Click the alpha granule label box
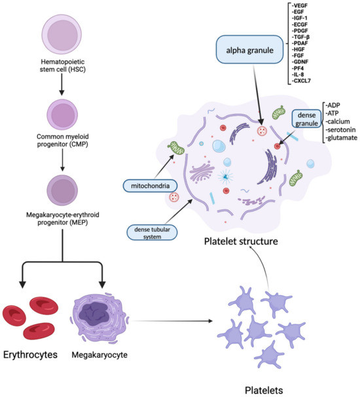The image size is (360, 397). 249,50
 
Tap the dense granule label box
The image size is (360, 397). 306,119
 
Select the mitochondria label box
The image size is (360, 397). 150,186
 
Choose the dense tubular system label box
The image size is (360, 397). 152,232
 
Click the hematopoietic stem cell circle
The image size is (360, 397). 62,34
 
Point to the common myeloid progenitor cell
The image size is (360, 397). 62,114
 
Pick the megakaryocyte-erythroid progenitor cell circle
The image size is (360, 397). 62,190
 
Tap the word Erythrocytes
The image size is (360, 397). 30,354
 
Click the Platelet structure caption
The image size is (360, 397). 241,241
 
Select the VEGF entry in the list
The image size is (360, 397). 299,5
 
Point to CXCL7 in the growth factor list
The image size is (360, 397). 301,81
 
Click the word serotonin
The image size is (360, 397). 340,130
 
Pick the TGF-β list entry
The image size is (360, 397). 300,37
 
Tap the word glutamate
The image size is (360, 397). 342,138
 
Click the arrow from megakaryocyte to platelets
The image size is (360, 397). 172,320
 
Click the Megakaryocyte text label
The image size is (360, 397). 99,355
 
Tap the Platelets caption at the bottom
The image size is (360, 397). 264,390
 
